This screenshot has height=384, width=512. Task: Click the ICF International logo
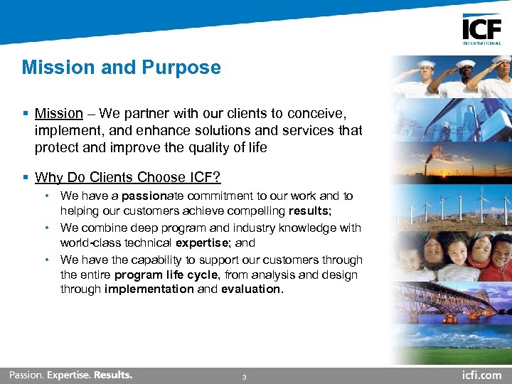coord(481,29)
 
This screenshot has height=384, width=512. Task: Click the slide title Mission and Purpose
coord(121,68)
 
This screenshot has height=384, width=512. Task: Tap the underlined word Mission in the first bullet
coord(59,113)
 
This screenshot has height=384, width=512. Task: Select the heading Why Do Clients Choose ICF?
coord(128,177)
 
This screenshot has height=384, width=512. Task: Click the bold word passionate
coord(151,196)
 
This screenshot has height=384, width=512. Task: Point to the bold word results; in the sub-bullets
coord(309,211)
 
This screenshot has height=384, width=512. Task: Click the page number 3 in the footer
coord(245,377)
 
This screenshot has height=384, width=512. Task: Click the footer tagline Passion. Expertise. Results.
coord(70,375)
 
